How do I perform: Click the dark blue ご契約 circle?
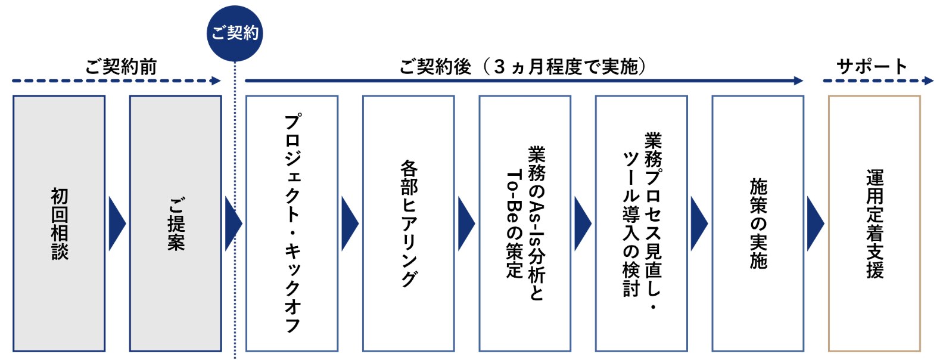point(235,33)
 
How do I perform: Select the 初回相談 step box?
point(59,224)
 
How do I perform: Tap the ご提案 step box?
point(176,224)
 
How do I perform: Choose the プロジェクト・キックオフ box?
point(292,224)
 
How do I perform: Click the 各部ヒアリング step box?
point(409,224)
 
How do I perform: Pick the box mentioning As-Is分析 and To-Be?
point(525,224)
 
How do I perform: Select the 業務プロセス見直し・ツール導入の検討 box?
point(642,224)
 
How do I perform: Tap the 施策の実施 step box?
point(758,224)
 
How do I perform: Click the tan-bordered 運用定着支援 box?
point(875,224)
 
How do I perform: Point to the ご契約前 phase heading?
point(121,66)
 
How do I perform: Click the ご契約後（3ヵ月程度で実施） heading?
point(522,66)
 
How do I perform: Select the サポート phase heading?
point(872,66)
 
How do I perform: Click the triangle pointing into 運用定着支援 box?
point(815,224)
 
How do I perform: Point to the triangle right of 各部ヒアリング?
point(466,224)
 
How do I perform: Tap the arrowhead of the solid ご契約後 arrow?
point(798,81)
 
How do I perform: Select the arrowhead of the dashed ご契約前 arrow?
point(216,81)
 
